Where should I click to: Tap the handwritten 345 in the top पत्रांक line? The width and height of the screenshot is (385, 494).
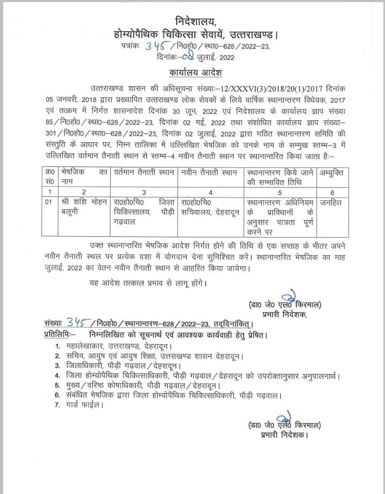(157, 47)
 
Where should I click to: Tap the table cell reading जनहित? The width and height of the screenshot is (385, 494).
(329, 202)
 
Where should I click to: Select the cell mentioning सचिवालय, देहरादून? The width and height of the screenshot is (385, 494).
(210, 207)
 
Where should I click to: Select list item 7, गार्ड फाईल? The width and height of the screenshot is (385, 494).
(85, 405)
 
